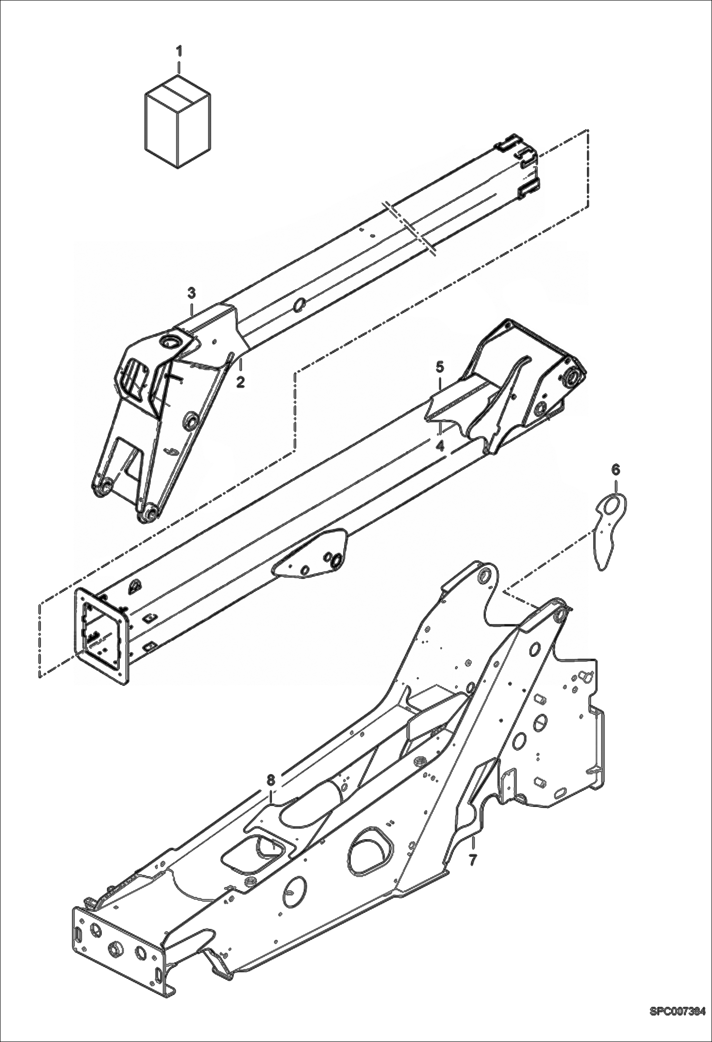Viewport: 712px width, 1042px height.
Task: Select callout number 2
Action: [241, 381]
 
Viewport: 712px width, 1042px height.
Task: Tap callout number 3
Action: [191, 293]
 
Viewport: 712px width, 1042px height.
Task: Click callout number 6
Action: [615, 470]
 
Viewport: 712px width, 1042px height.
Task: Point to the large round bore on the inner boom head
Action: [170, 342]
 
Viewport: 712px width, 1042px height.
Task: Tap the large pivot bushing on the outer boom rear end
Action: [572, 378]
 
